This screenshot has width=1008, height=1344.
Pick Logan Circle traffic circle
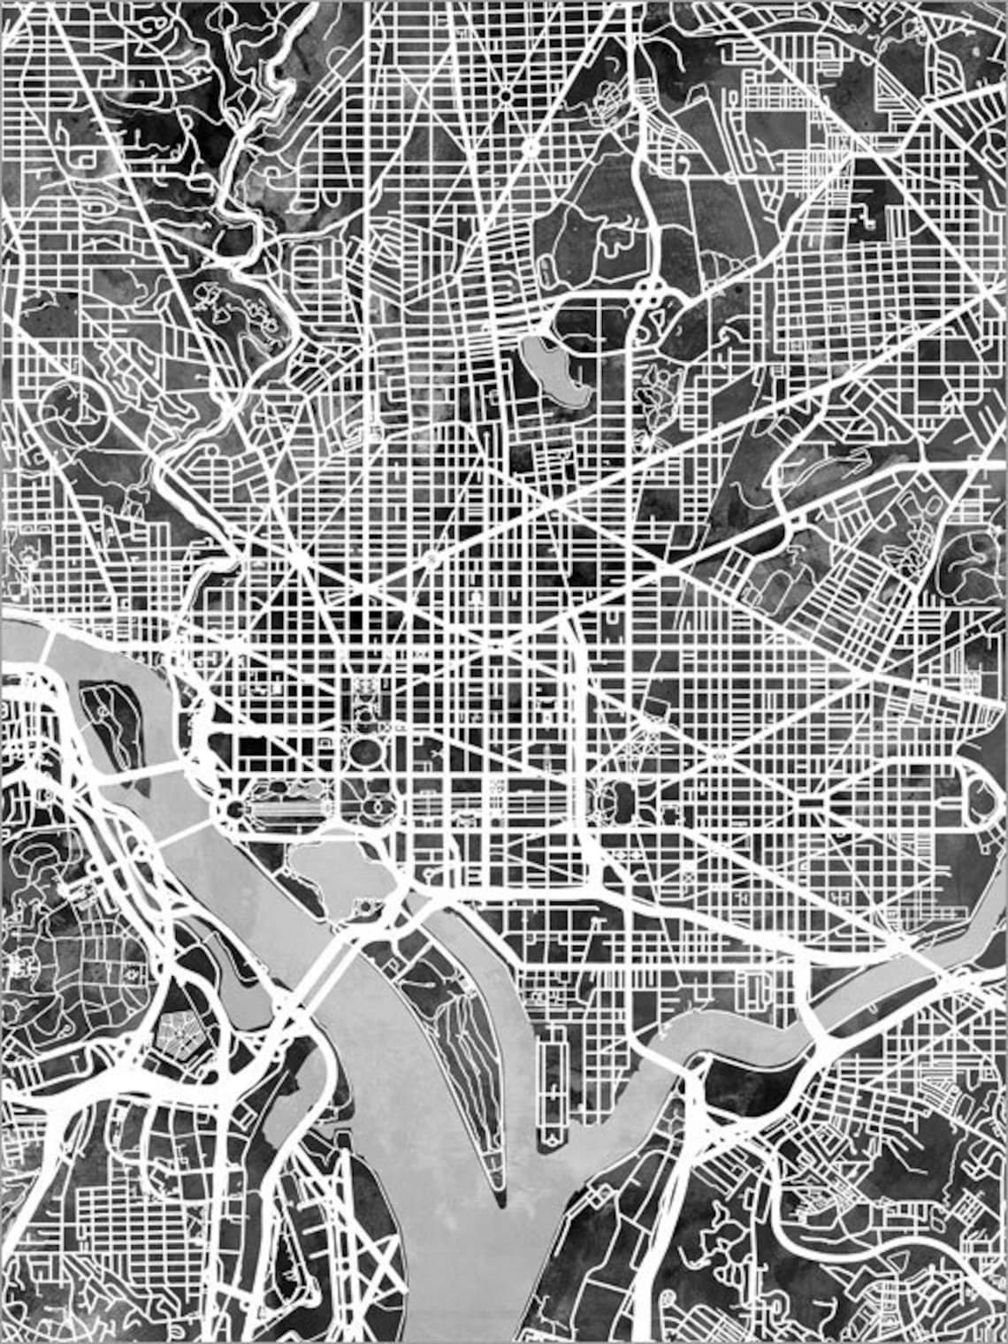(431, 558)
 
